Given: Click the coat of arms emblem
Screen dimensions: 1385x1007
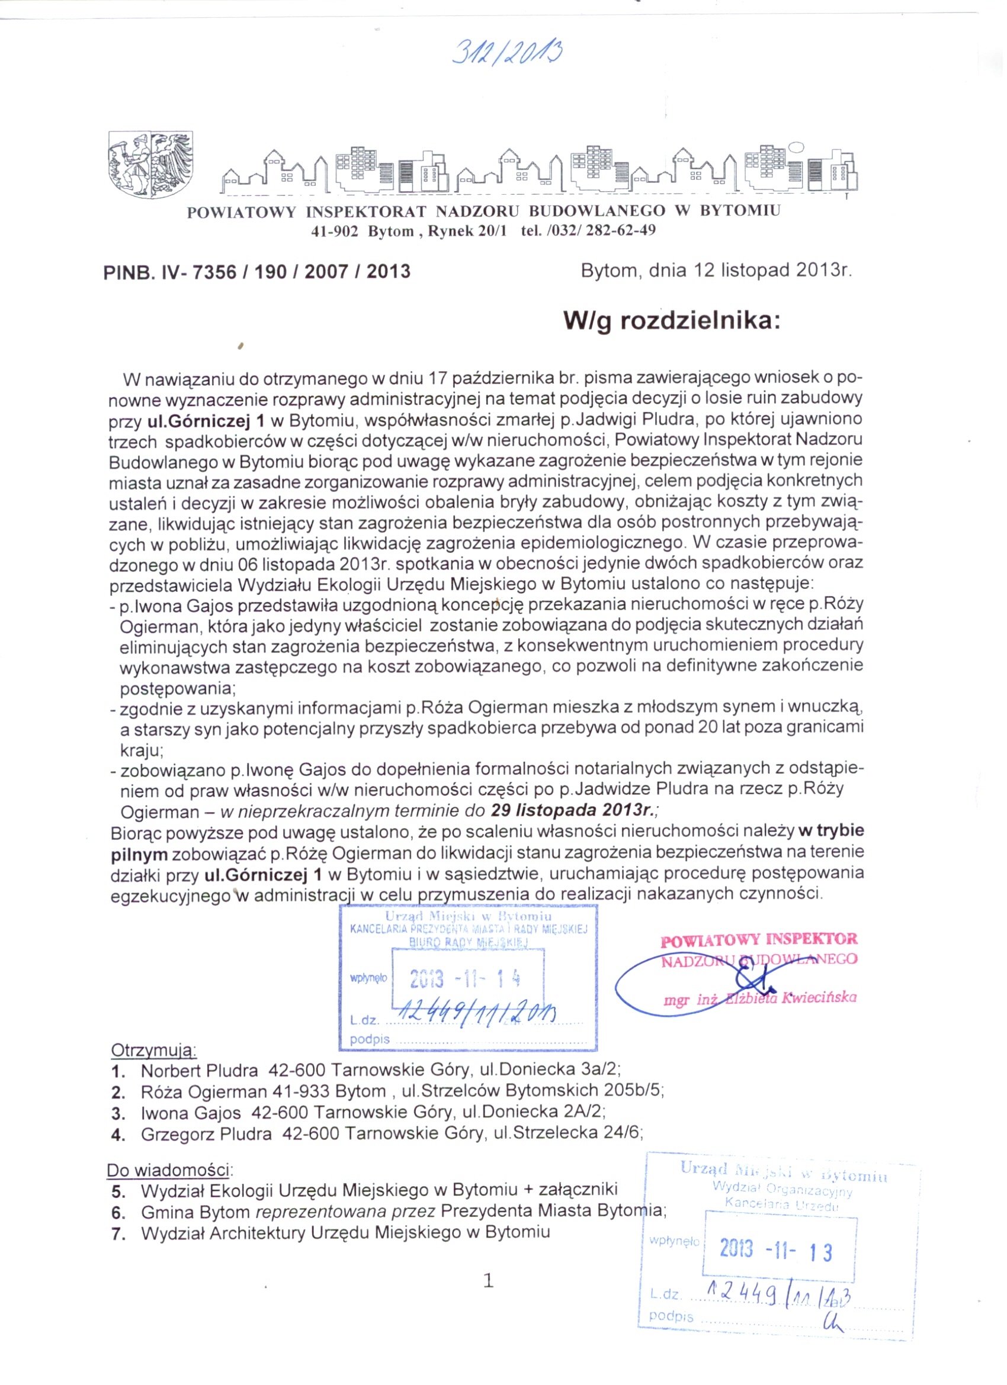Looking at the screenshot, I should tap(150, 163).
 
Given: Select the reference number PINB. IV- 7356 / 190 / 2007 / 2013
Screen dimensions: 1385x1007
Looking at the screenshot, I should tap(257, 271).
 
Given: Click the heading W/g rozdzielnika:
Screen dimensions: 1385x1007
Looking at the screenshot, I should tap(672, 321).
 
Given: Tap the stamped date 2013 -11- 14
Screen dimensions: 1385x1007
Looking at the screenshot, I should tap(465, 979).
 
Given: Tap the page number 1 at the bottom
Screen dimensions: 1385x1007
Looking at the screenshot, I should tap(488, 1281).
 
